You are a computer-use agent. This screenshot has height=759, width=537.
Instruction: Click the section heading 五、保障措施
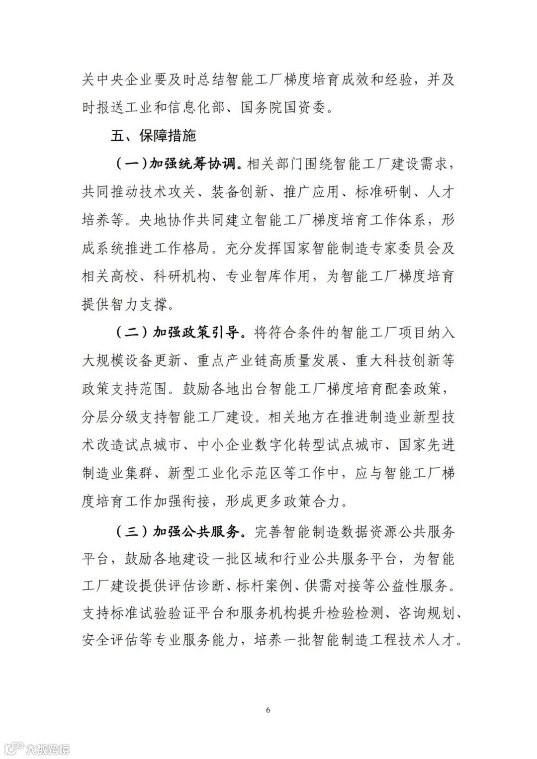(154, 135)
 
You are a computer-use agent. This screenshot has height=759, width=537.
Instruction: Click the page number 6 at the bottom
(268, 710)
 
